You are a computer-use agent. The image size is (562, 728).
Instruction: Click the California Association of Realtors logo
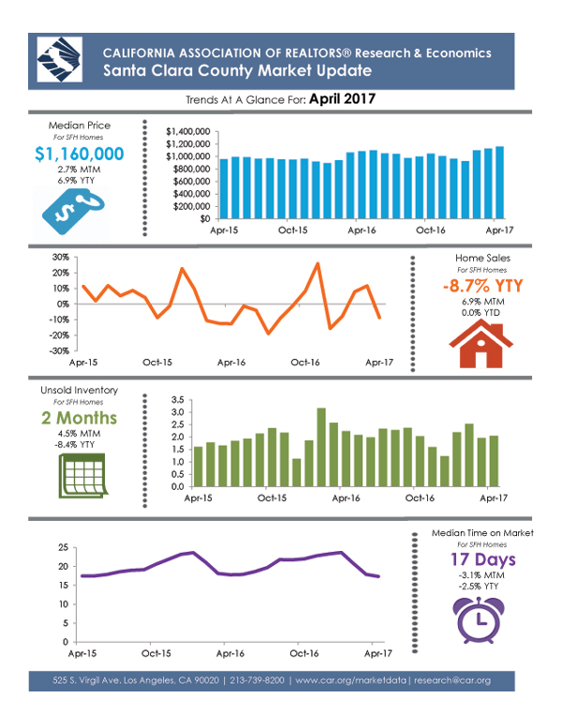point(60,60)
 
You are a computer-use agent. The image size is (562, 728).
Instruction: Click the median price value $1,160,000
point(80,154)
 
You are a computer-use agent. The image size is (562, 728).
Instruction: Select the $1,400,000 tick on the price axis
point(188,132)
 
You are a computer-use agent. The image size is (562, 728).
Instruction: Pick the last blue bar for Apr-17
point(499,183)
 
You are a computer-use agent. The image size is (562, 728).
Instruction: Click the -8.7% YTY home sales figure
point(483,286)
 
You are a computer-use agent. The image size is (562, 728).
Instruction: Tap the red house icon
point(481,344)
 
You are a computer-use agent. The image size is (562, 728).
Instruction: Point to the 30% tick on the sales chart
point(61,257)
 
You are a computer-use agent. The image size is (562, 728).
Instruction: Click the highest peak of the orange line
point(318,263)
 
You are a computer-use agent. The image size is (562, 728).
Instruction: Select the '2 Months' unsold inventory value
point(80,418)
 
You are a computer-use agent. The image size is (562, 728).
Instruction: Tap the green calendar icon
point(83,476)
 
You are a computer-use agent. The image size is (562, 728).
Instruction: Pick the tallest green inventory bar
point(321,447)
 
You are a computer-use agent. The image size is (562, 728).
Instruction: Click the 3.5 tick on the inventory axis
point(178,400)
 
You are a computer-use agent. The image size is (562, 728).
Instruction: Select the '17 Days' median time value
point(483,560)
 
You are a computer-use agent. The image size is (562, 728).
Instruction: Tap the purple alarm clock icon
point(479,620)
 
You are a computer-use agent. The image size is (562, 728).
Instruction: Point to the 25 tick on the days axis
point(63,548)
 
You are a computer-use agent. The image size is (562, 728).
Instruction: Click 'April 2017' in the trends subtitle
point(343,99)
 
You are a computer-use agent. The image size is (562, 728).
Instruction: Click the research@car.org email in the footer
point(452,680)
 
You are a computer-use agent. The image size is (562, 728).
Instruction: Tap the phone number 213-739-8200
point(257,680)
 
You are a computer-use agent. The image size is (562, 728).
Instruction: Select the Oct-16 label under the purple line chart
point(304,654)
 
